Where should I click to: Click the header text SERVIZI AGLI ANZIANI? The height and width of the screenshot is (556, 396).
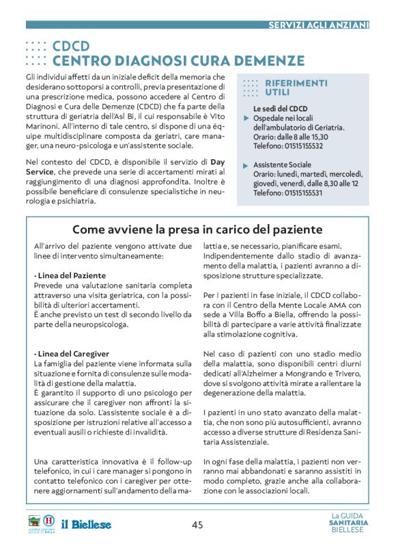(318, 25)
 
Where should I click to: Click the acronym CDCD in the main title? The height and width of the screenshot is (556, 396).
(71, 46)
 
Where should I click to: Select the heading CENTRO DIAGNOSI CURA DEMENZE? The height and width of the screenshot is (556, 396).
(178, 61)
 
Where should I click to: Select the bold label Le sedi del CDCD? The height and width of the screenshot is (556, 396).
(280, 109)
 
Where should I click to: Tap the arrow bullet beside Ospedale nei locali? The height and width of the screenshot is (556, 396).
(246, 118)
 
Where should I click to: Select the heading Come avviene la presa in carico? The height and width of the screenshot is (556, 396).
(197, 230)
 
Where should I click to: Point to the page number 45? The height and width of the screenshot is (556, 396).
(197, 525)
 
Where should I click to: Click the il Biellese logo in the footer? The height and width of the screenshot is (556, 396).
(86, 525)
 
